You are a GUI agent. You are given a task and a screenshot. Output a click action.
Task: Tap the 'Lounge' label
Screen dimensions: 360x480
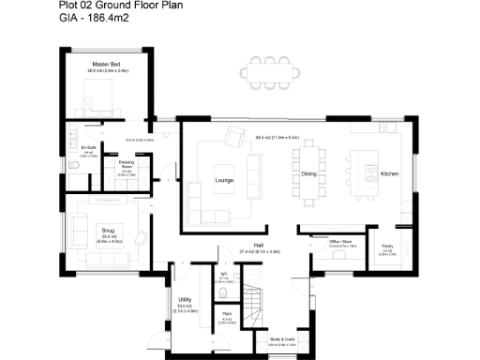[224, 178]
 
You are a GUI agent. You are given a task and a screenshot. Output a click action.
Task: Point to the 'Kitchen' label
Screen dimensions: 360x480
[391, 173]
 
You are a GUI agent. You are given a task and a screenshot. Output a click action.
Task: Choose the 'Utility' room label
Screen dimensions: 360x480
[185, 300]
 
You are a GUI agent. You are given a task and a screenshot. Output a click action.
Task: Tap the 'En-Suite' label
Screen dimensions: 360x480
[89, 148]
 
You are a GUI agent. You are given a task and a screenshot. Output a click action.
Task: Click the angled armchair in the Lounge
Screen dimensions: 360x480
[232, 141]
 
